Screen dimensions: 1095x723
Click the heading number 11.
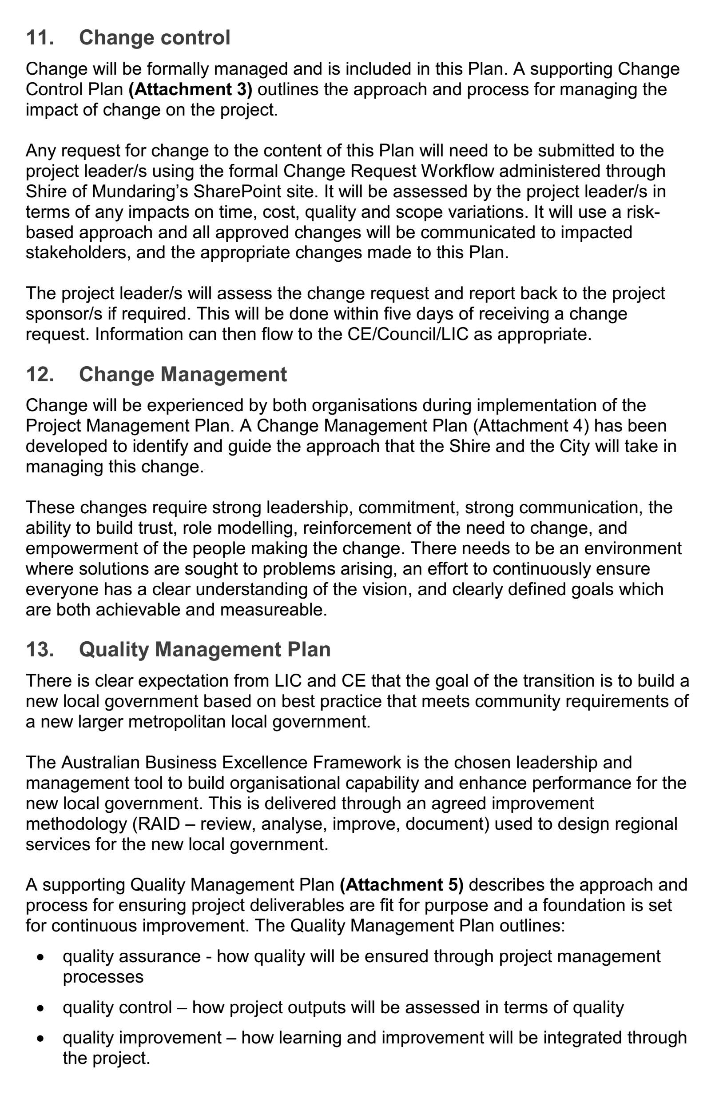[40, 38]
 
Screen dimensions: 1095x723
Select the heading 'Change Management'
[183, 374]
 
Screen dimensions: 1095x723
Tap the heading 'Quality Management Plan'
[205, 649]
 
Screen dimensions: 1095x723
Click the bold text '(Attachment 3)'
[191, 89]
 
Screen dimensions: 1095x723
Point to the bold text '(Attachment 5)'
[401, 885]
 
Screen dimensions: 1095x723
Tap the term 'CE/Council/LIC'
[408, 334]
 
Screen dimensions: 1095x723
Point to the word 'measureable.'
[274, 610]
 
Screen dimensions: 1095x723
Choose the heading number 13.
[40, 649]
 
